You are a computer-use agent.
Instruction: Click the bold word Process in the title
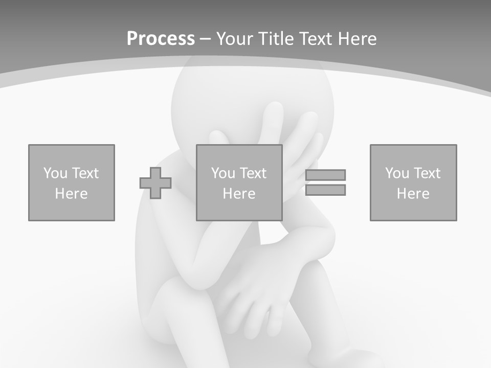point(161,39)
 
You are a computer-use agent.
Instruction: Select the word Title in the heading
point(275,39)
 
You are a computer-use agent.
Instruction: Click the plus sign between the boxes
point(155,183)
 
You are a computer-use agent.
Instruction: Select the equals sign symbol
point(326,182)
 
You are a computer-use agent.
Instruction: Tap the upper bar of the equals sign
point(326,175)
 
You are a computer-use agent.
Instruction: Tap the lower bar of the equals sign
point(326,190)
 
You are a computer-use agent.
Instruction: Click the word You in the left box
point(55,173)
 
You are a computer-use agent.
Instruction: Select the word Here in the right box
point(413,194)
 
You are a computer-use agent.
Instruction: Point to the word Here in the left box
point(72,194)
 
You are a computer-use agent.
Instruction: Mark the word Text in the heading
point(316,39)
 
